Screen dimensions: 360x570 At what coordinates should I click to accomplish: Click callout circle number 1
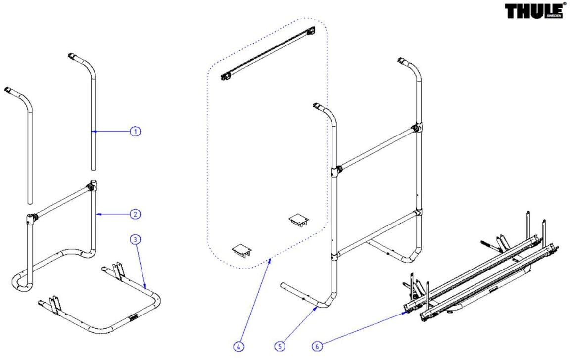pos(135,131)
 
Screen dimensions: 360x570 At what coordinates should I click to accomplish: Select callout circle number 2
pos(135,214)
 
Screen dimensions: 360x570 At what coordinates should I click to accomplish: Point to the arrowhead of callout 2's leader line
pos(96,214)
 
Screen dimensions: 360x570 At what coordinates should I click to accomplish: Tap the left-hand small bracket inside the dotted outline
pos(242,250)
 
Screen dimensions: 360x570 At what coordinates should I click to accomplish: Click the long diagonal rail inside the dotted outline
pos(267,54)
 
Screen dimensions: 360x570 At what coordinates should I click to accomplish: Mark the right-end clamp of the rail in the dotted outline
pos(311,31)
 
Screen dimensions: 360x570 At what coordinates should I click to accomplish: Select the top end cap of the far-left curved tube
pos(9,90)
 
